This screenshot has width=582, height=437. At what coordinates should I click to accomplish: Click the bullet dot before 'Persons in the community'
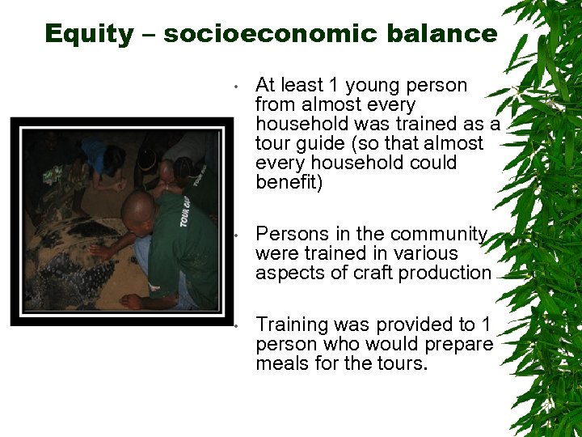tap(232, 235)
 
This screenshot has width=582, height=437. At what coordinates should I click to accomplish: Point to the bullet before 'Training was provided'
tap(232, 326)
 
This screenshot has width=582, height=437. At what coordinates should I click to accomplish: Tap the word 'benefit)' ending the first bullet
tap(289, 183)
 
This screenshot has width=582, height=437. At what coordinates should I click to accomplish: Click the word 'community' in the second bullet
tap(441, 235)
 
